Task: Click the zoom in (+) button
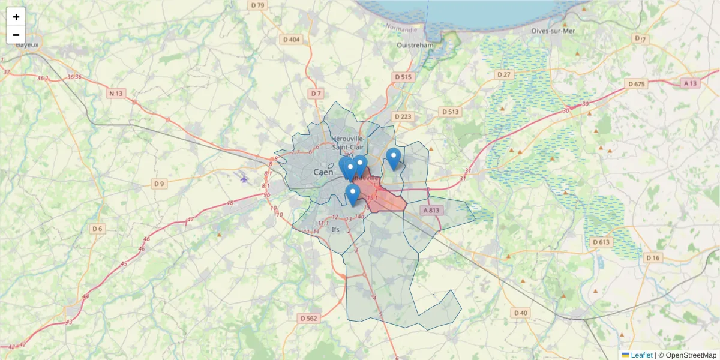click(16, 17)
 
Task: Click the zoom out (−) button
click(16, 35)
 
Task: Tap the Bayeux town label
click(27, 44)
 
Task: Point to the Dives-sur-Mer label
click(553, 31)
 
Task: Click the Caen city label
click(323, 172)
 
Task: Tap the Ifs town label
click(335, 229)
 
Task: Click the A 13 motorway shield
click(690, 83)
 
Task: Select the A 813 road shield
click(431, 210)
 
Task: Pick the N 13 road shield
click(116, 93)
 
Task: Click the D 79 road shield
click(257, 5)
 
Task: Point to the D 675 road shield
click(635, 84)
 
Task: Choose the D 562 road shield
click(308, 318)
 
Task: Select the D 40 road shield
click(521, 313)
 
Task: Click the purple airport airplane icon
click(244, 178)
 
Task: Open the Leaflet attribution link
click(641, 355)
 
